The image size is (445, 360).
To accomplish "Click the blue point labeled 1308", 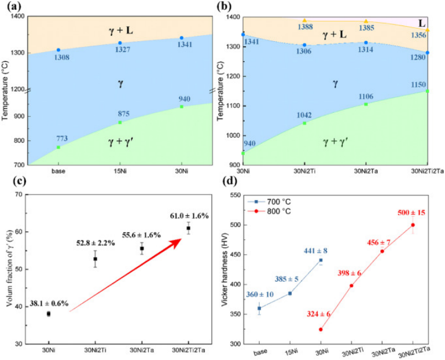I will [58, 50].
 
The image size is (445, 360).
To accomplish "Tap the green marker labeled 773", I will [58, 147].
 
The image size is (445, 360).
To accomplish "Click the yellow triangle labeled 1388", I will [304, 21].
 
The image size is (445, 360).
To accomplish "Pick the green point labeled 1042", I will [304, 123].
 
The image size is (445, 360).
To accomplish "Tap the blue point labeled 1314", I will [366, 42].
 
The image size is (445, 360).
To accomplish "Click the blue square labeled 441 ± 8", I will [321, 260].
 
